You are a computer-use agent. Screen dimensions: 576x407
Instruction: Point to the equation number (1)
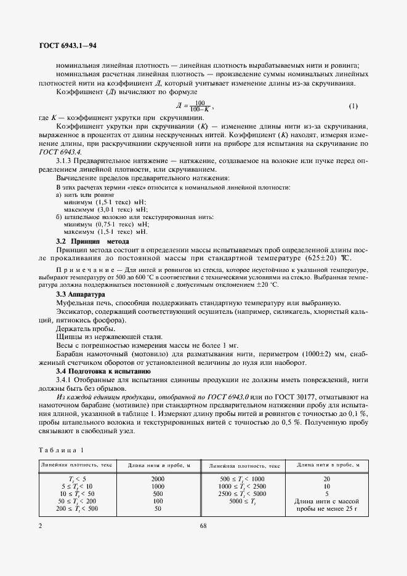(x=353, y=106)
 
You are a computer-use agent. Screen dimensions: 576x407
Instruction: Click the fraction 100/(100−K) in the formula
(x=199, y=106)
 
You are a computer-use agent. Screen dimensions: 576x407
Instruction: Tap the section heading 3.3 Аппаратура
(x=81, y=295)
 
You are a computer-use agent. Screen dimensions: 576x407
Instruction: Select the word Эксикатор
(x=74, y=313)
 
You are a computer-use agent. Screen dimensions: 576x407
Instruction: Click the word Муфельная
(x=77, y=303)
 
